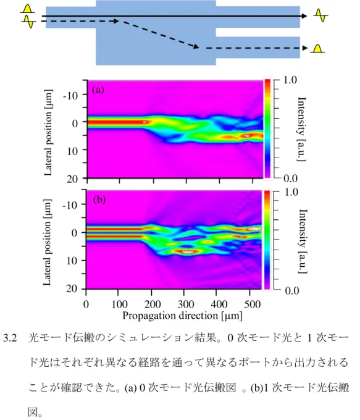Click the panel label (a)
pyautogui.click(x=98, y=90)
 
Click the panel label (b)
pyautogui.click(x=99, y=199)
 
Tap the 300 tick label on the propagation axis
pyautogui.click(x=186, y=304)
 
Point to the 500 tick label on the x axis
pyautogui.click(x=253, y=304)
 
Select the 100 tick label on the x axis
pyautogui.click(x=119, y=304)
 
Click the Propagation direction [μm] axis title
pyautogui.click(x=182, y=316)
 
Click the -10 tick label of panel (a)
pyautogui.click(x=70, y=96)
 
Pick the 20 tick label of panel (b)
pyautogui.click(x=72, y=288)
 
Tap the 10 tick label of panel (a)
pyautogui.click(x=72, y=151)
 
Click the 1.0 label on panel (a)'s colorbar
pyautogui.click(x=290, y=80)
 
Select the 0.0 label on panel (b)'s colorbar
pyautogui.click(x=292, y=291)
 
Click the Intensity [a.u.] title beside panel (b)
pyautogui.click(x=303, y=241)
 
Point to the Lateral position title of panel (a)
pyautogui.click(x=48, y=133)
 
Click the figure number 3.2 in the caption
pyautogui.click(x=10, y=338)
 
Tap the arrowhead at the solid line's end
pyautogui.click(x=304, y=16)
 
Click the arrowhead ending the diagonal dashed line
pyautogui.click(x=196, y=46)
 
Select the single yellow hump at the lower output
pyautogui.click(x=317, y=48)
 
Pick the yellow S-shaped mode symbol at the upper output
pyautogui.click(x=320, y=15)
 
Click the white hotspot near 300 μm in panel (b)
pyautogui.click(x=188, y=252)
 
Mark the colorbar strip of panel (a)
pyautogui.click(x=267, y=128)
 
